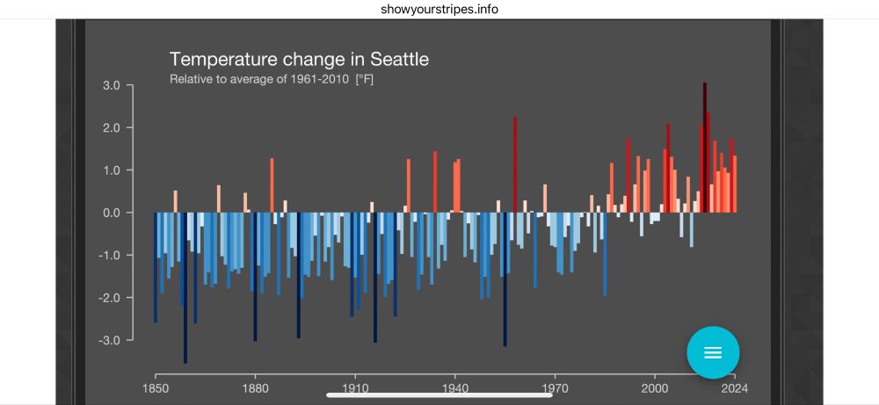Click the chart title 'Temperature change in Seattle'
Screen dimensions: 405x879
(x=299, y=60)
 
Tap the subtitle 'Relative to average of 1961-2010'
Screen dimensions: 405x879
(x=260, y=80)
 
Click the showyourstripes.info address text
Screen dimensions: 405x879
(x=440, y=9)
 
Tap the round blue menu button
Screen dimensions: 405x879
(x=713, y=352)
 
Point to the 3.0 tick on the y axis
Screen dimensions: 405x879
(x=112, y=85)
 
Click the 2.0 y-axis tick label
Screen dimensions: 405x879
(x=112, y=127)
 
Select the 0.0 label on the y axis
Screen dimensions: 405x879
(x=112, y=213)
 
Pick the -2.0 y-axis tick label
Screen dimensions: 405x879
(x=109, y=297)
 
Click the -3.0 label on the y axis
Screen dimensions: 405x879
(x=109, y=339)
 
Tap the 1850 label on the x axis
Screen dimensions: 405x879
(x=156, y=387)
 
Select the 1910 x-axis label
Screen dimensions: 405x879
(x=355, y=387)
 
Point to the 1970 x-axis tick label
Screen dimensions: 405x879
(x=555, y=387)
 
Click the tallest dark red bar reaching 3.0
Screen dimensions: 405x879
(x=705, y=141)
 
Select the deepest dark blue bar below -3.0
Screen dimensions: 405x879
(x=185, y=290)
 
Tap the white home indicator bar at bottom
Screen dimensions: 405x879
(x=439, y=394)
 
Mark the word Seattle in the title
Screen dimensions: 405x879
(x=399, y=60)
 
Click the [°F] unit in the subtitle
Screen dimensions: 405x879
(x=365, y=80)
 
